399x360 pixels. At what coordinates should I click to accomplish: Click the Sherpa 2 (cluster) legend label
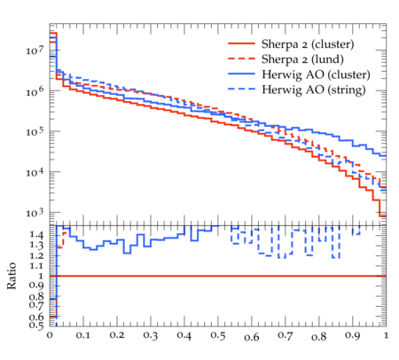click(308, 44)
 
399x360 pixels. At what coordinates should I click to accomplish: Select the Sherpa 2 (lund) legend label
click(302, 59)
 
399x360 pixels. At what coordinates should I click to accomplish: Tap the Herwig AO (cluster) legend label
click(316, 74)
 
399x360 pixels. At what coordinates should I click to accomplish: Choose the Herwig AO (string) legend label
click(314, 90)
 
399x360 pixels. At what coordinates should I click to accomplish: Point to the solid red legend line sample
click(241, 43)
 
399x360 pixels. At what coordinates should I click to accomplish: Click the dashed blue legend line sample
click(241, 89)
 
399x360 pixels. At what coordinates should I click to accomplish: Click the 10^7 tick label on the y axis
click(35, 50)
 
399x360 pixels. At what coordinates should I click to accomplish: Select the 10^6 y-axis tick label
click(35, 90)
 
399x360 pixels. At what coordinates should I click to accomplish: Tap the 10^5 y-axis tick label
click(35, 131)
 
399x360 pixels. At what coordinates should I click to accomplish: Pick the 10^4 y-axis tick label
click(35, 172)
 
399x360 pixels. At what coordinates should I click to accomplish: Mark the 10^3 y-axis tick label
click(35, 212)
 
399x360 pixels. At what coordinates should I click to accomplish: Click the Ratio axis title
click(12, 276)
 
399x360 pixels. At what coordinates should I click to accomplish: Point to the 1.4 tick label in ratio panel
click(36, 235)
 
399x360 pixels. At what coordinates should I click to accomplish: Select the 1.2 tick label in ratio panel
click(36, 255)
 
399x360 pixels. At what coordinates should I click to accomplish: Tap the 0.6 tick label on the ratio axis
click(36, 317)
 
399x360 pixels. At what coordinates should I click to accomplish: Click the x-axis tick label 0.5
click(218, 335)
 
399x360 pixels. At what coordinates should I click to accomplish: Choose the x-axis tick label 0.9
click(353, 335)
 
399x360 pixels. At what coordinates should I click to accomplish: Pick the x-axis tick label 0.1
click(83, 335)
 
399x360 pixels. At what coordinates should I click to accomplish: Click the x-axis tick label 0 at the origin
click(50, 335)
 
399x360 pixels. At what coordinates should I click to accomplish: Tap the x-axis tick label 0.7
click(286, 335)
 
